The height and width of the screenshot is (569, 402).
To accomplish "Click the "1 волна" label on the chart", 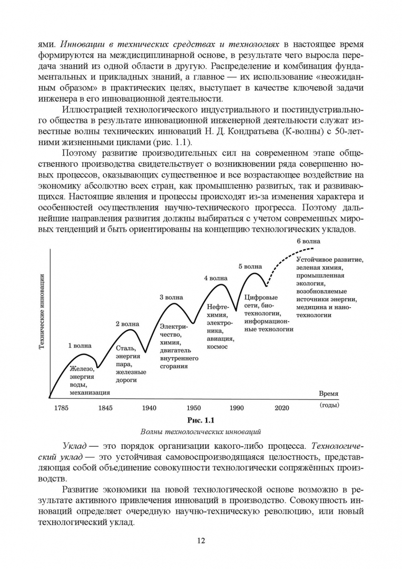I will [80, 346].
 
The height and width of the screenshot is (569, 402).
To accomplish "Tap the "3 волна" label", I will [171, 297].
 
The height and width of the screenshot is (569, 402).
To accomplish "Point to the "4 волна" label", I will [215, 278].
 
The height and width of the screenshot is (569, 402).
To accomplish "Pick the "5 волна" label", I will [250, 267].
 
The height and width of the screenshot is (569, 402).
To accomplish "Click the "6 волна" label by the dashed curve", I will [309, 241].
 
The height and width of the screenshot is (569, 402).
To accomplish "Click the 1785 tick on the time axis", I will [61, 407].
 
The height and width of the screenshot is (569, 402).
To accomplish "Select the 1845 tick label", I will [105, 407].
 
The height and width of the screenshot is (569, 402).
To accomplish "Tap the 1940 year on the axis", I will [149, 407].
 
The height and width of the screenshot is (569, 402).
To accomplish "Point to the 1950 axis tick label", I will [193, 407].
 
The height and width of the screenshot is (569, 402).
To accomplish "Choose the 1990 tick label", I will [237, 407].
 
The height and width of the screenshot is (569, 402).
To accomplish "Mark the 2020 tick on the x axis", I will [282, 407].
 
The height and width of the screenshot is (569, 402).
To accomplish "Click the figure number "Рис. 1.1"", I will [202, 420].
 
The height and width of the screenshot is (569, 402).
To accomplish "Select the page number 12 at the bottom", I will [201, 541].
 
